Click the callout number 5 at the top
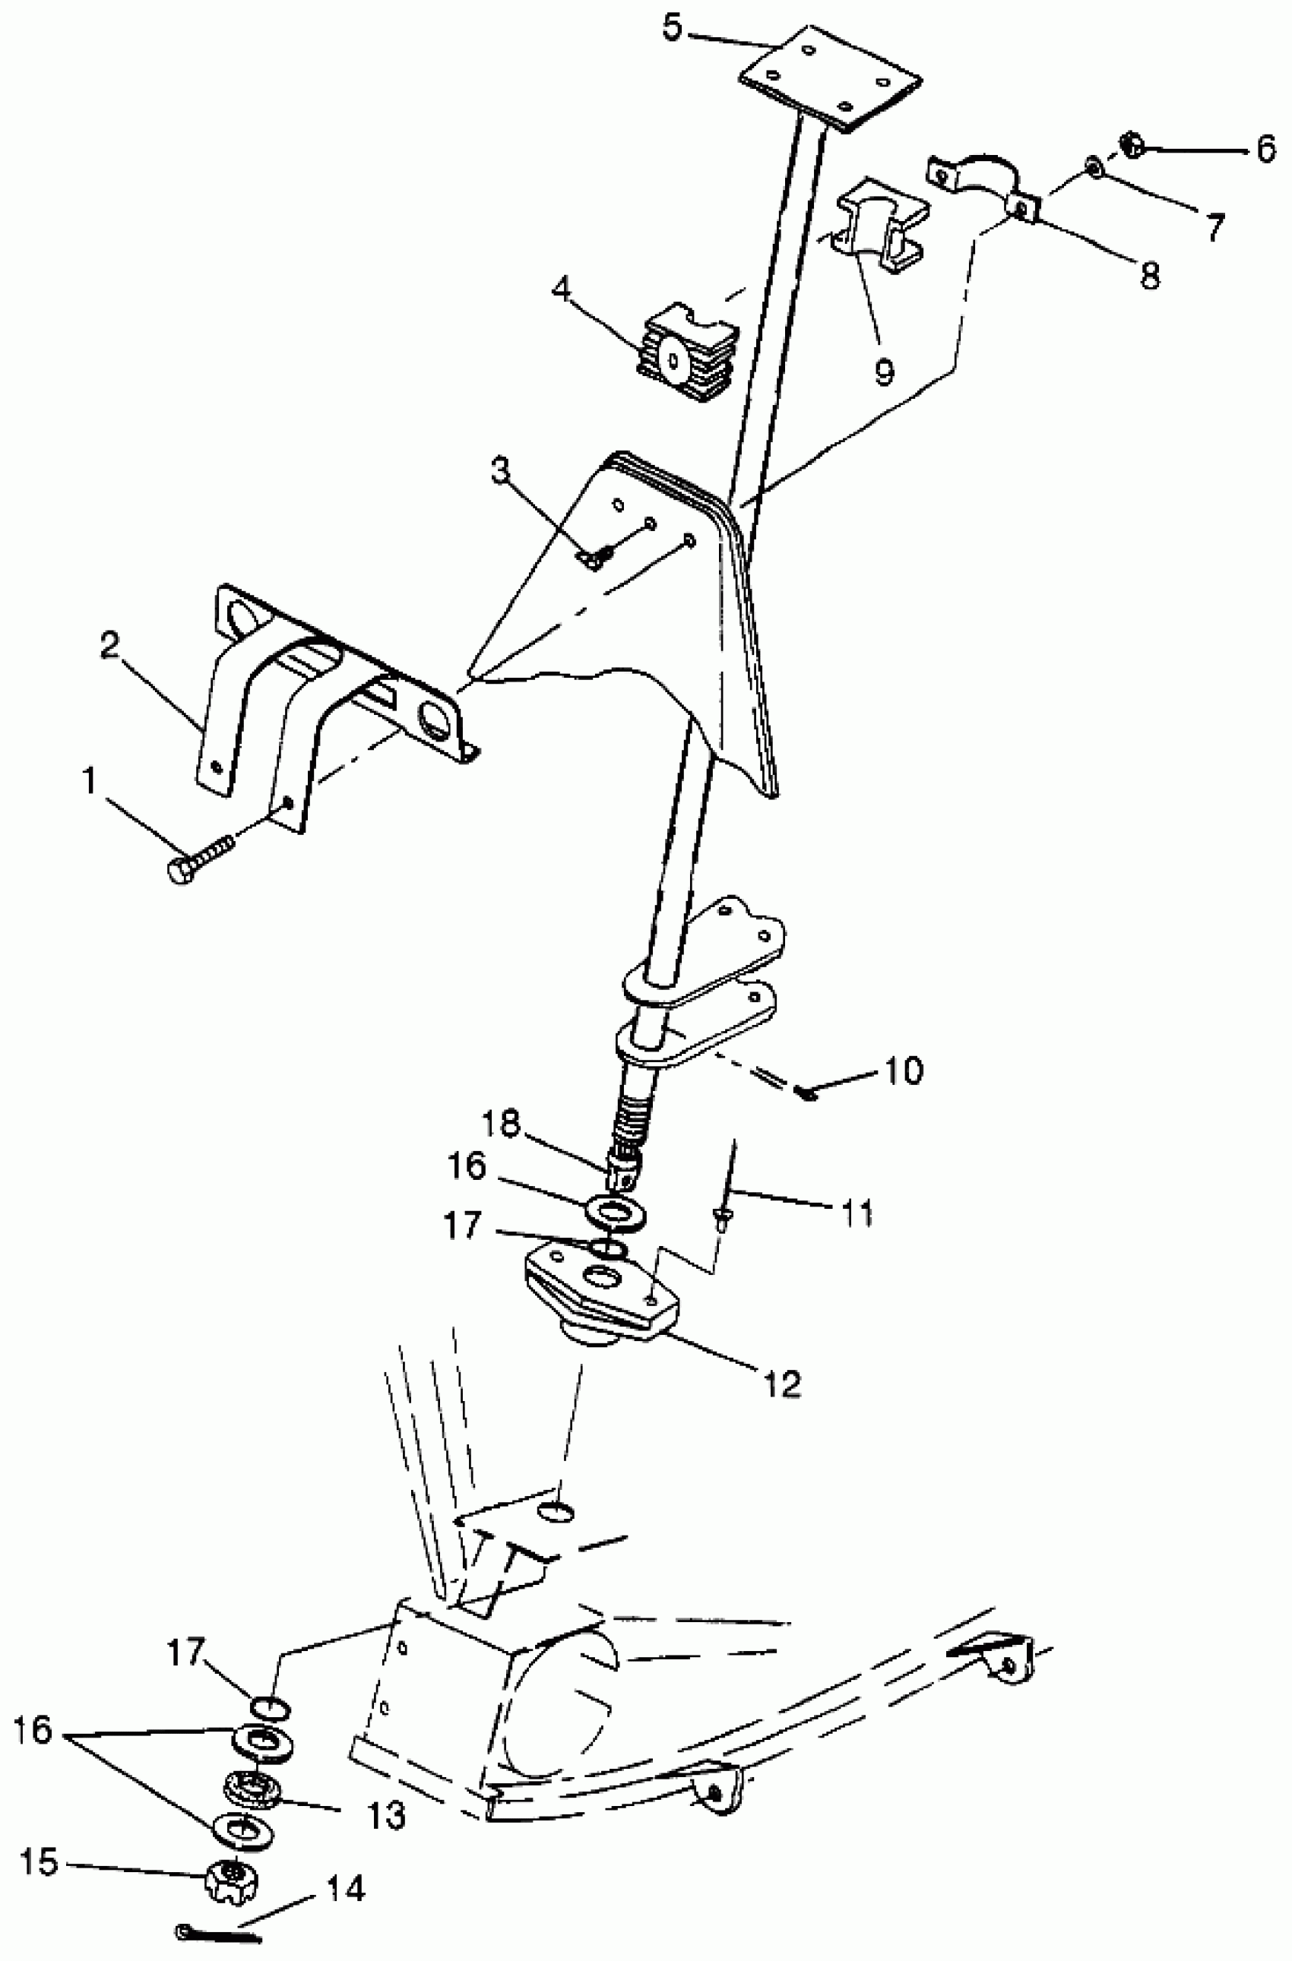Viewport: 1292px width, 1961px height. (x=673, y=29)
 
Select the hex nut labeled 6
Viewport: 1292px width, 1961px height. (x=1131, y=146)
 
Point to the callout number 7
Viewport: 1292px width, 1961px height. (x=1214, y=226)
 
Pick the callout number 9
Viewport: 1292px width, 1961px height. (x=883, y=371)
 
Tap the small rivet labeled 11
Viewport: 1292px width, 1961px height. (x=722, y=1217)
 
